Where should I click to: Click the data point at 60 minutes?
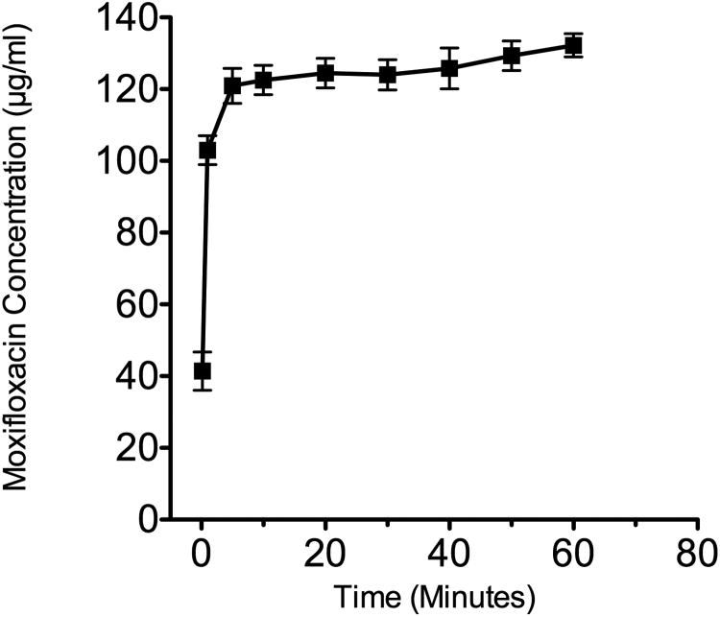(573, 46)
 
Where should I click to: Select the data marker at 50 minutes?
(512, 56)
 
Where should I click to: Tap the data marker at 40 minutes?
(449, 68)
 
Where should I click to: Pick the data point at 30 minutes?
(388, 75)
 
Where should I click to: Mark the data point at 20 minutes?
(325, 73)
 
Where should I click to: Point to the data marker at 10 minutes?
(264, 81)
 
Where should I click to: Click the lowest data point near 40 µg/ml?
(202, 371)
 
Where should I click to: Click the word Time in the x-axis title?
(365, 595)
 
